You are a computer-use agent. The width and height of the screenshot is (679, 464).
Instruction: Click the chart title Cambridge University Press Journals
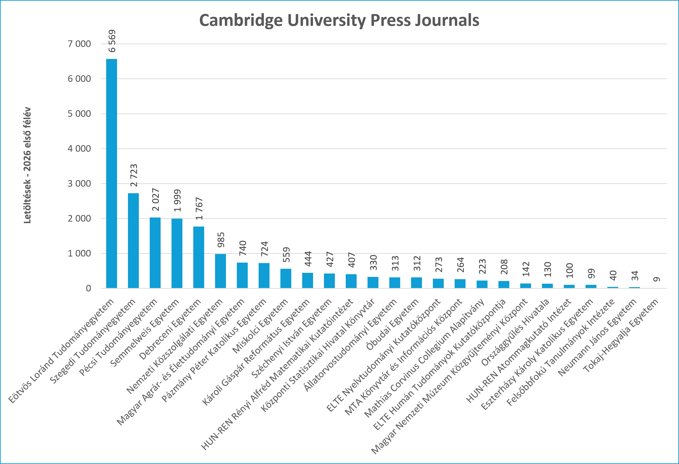click(x=339, y=20)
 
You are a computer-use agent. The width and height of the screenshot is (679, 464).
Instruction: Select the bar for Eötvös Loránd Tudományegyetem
click(x=112, y=173)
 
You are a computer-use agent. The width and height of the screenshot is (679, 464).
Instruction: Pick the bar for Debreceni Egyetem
click(x=199, y=257)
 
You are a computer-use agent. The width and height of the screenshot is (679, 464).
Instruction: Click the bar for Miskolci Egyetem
click(x=286, y=278)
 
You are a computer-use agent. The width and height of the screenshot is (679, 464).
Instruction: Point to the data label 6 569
click(x=112, y=41)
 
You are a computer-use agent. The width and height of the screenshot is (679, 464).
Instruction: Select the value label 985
click(x=221, y=240)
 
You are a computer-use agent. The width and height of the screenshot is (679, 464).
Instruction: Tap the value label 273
click(x=439, y=265)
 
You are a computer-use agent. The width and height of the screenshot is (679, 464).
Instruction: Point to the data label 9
click(x=657, y=279)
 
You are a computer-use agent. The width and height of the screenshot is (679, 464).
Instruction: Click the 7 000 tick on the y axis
click(x=79, y=44)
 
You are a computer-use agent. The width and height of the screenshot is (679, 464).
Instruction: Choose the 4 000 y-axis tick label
click(x=79, y=149)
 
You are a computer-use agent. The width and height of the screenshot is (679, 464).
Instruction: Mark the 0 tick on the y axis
click(x=88, y=288)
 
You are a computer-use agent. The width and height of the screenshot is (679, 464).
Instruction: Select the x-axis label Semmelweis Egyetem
click(x=144, y=333)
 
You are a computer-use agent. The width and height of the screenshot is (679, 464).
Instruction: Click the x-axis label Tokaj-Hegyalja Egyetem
click(x=620, y=336)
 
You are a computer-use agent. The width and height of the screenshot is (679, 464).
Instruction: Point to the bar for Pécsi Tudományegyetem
click(x=155, y=253)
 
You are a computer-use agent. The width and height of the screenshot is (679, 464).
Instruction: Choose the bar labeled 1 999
click(x=177, y=254)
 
